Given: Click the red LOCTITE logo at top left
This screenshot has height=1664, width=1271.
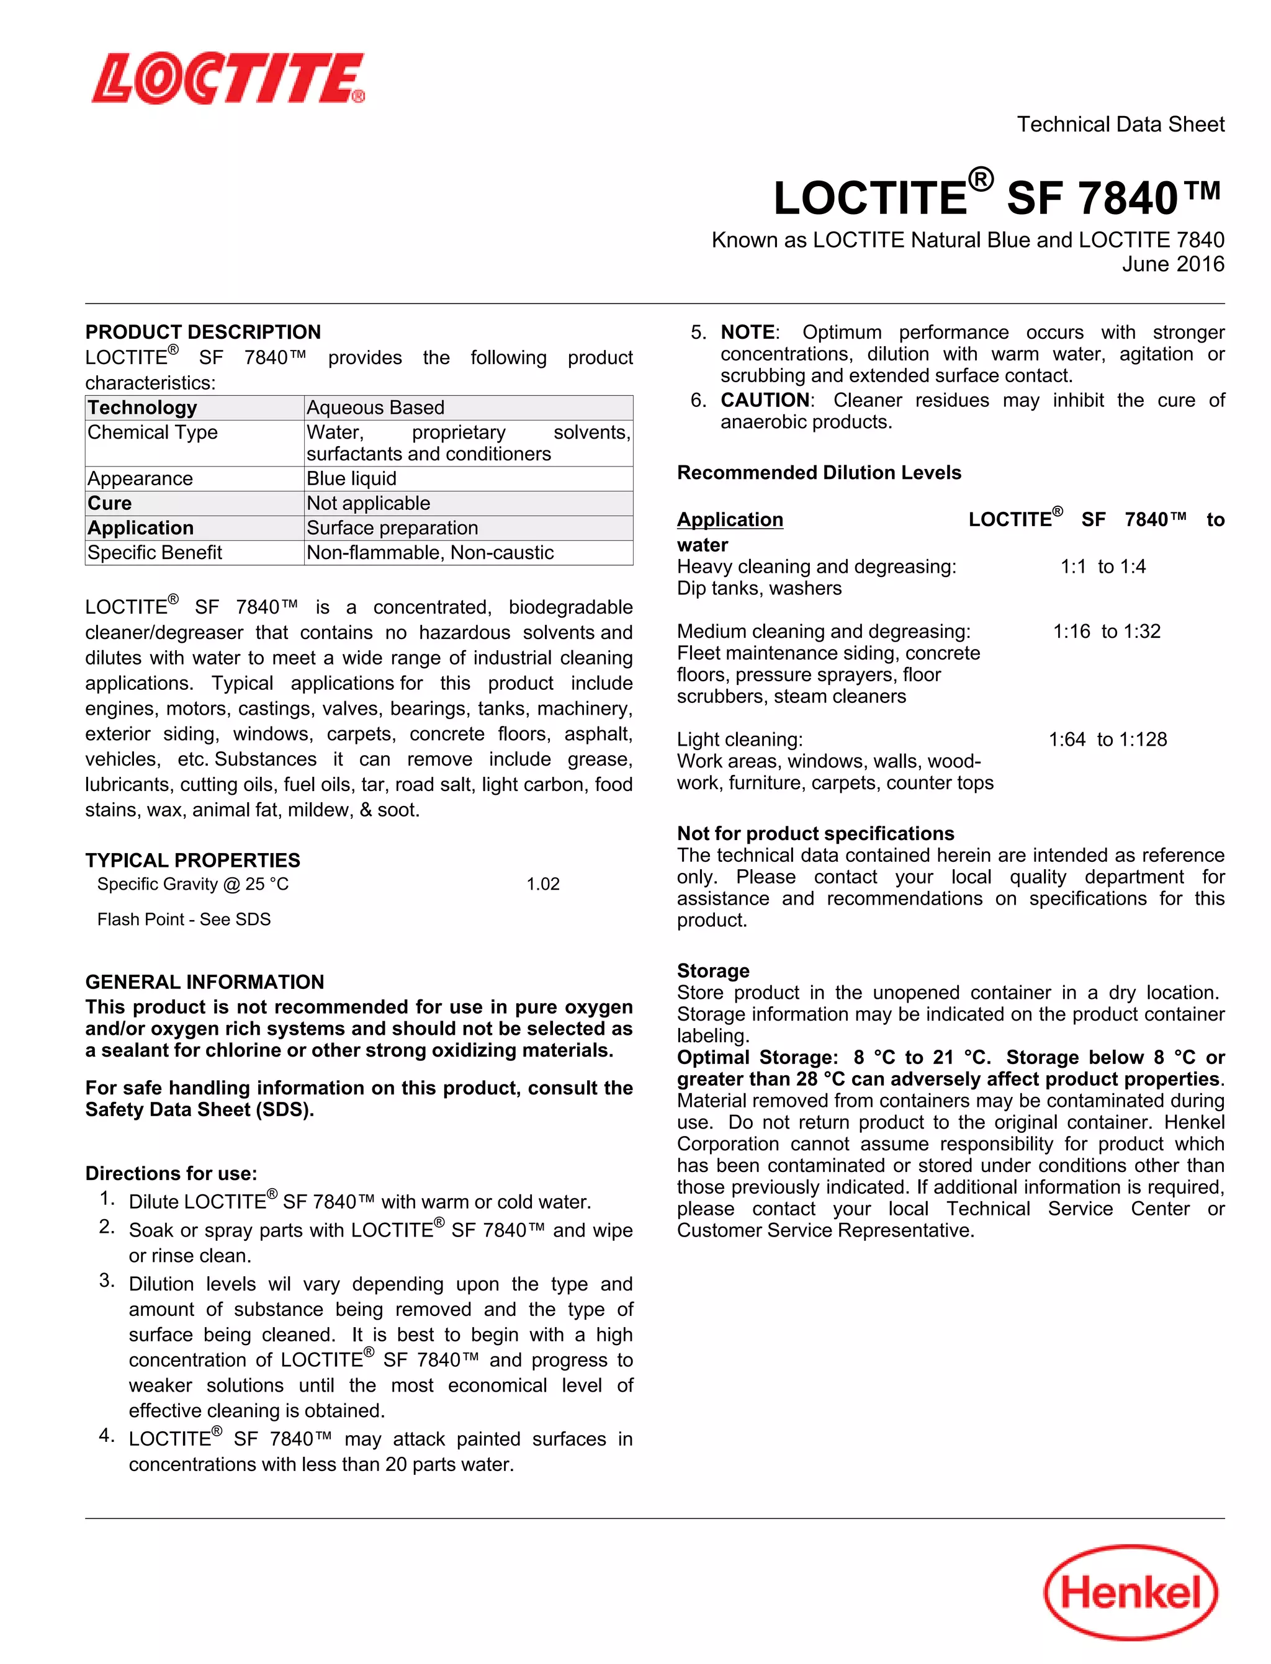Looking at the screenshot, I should pyautogui.click(x=228, y=78).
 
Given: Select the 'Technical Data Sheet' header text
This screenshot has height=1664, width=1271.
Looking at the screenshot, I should pyautogui.click(x=1120, y=124).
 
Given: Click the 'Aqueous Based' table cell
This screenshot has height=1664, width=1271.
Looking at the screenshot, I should pyautogui.click(x=375, y=408).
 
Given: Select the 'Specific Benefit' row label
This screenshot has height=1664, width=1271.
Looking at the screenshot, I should pyautogui.click(x=155, y=553).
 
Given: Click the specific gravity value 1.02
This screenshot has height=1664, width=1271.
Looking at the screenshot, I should pyautogui.click(x=542, y=883).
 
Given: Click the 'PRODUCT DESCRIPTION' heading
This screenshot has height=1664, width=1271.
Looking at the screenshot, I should pyautogui.click(x=203, y=332).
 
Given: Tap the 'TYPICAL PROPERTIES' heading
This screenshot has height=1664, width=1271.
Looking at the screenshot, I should pyautogui.click(x=192, y=860).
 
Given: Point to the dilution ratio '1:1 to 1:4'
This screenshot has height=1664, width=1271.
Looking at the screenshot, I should pyautogui.click(x=1102, y=566).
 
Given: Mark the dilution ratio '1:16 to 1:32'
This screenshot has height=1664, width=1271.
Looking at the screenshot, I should pyautogui.click(x=1106, y=632).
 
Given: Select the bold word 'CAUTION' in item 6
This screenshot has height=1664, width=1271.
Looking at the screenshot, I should pyautogui.click(x=764, y=400).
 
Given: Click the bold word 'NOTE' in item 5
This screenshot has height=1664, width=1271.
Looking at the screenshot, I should pyautogui.click(x=747, y=332).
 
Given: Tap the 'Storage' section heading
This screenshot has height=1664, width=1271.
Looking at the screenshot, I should pyautogui.click(x=712, y=970).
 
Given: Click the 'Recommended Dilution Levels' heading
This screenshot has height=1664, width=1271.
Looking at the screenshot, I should pyautogui.click(x=819, y=473).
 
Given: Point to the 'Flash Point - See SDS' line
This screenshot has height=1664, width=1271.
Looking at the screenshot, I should pyautogui.click(x=184, y=919).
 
